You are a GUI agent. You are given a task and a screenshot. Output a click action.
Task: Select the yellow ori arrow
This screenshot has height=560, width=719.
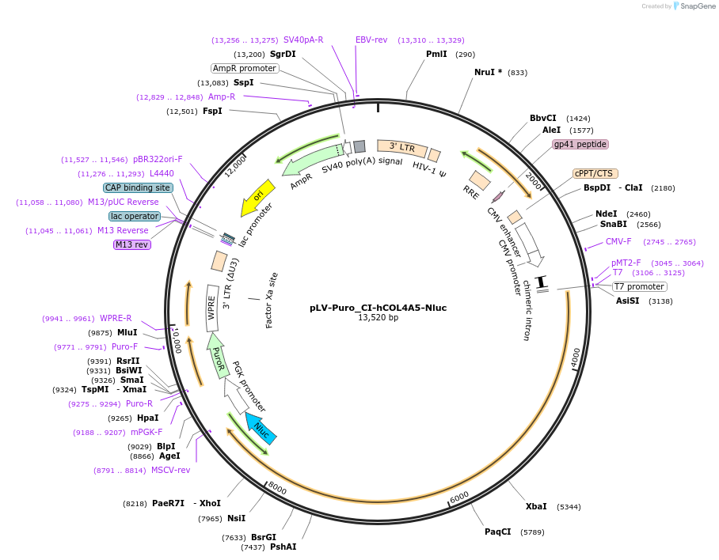(x=258, y=197)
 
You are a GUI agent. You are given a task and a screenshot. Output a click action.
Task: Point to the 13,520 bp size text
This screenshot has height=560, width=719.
(x=379, y=318)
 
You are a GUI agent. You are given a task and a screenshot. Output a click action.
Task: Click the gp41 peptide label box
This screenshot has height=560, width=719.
(x=580, y=144)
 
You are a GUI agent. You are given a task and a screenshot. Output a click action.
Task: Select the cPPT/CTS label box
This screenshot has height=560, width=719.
(x=595, y=173)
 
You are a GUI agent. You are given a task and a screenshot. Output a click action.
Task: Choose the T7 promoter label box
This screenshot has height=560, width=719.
(x=640, y=286)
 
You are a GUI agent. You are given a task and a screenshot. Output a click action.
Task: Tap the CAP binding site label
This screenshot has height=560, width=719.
(x=138, y=188)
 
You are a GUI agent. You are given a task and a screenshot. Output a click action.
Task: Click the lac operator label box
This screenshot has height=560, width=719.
(x=135, y=216)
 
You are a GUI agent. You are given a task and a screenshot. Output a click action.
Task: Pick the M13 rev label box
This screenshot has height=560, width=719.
(x=132, y=244)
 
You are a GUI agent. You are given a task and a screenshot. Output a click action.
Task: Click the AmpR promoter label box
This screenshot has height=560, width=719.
(x=245, y=68)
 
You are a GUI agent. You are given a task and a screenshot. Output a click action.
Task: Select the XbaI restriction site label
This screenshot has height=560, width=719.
(x=536, y=506)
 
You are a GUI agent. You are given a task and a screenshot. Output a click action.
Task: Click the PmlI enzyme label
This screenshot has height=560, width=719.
(x=436, y=55)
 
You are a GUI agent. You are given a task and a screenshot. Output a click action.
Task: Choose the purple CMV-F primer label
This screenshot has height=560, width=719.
(x=618, y=241)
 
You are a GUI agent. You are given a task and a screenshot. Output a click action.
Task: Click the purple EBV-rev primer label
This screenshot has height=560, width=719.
(x=371, y=40)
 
